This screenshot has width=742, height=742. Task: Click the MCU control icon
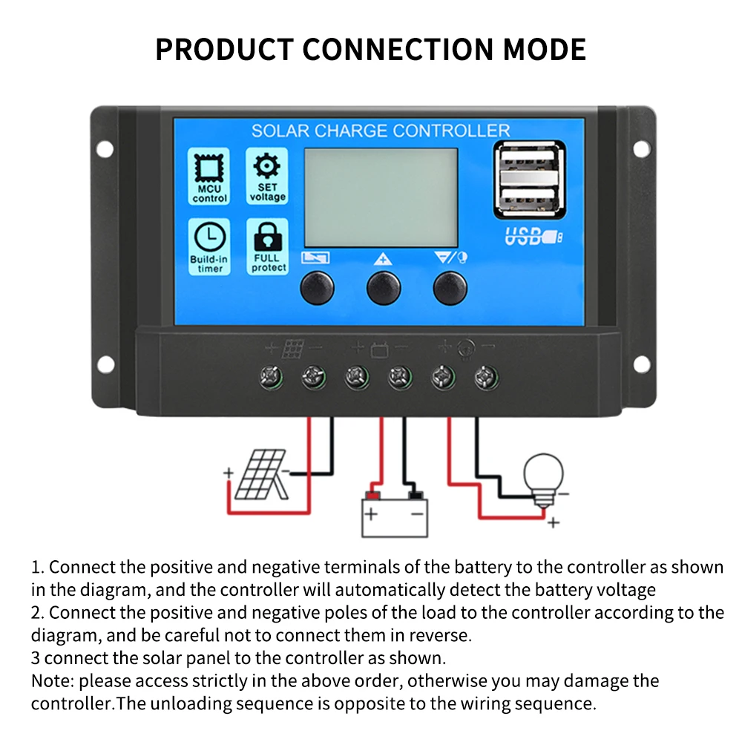(x=209, y=168)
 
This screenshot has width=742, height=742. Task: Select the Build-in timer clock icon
(x=210, y=237)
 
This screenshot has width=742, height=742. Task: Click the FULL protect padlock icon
(x=267, y=237)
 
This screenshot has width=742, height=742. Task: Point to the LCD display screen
(x=380, y=187)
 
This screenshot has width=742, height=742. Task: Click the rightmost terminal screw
(x=486, y=378)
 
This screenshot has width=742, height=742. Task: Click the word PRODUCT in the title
(x=223, y=49)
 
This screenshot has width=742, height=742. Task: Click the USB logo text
(x=525, y=237)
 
